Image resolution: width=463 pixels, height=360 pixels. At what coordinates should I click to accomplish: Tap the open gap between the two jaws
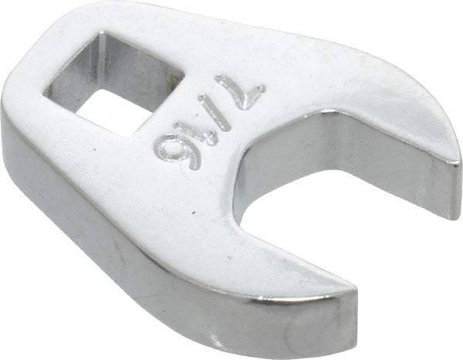click(x=324, y=200)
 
